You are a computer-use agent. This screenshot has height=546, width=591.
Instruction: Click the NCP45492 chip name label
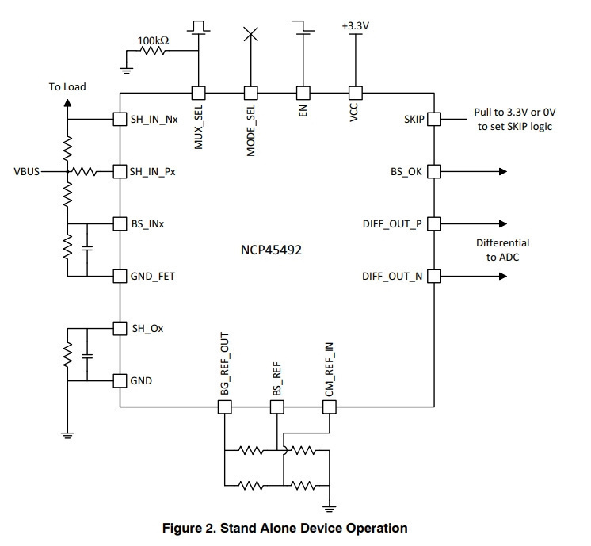[271, 250]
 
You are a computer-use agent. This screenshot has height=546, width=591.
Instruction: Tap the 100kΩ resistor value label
[153, 40]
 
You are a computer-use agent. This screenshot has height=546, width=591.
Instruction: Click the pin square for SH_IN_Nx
[120, 119]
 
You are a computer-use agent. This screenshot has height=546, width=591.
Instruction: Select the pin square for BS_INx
[120, 224]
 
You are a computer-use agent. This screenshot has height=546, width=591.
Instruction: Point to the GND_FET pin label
[152, 277]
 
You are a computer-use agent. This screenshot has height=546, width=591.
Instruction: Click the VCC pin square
[356, 93]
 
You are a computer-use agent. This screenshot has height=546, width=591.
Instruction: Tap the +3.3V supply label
[356, 25]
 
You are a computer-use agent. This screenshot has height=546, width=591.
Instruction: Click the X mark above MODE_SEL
[251, 34]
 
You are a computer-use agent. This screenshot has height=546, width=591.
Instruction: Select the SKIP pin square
[434, 119]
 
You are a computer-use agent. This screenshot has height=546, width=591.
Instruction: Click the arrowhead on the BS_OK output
[503, 172]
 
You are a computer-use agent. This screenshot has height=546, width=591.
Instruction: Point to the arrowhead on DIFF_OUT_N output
[503, 277]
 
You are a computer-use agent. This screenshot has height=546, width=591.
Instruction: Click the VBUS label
[26, 172]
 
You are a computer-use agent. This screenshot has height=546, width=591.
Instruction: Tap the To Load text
[67, 86]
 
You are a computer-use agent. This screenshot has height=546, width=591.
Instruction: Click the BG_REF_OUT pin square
[225, 407]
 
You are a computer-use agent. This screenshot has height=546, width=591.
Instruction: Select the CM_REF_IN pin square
[330, 407]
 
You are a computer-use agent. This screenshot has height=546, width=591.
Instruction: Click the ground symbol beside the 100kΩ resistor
[126, 70]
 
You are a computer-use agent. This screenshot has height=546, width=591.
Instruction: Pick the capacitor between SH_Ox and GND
[87, 355]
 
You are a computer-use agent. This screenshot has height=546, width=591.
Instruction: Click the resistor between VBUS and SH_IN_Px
[84, 172]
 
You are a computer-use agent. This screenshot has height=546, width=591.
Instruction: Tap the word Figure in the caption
[181, 529]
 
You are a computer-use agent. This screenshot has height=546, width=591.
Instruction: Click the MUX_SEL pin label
[198, 127]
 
